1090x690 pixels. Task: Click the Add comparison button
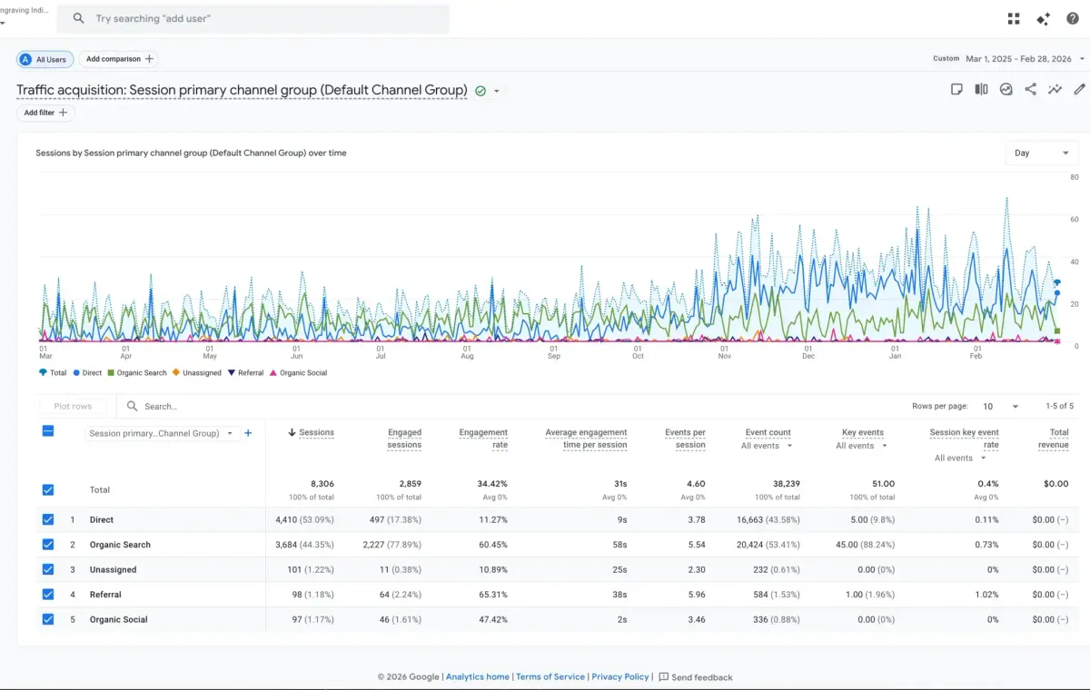coord(119,59)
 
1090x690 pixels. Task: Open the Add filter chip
coord(45,113)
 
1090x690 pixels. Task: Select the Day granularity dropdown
coord(1042,153)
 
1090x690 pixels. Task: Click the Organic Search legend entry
coord(137,373)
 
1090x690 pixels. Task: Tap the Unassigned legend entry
coord(197,373)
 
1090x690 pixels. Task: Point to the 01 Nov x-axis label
coord(725,352)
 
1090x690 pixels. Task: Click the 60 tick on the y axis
coord(1075,220)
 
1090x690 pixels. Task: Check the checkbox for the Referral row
coord(47,594)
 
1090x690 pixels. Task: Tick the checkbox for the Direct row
coord(47,519)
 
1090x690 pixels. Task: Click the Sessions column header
coord(311,432)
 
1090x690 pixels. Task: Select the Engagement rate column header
coord(483,439)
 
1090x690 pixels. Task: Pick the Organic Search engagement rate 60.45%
coord(493,545)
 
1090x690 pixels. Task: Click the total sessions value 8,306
coord(322,484)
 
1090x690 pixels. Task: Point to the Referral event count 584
coord(760,594)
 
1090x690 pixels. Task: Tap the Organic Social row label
coord(118,619)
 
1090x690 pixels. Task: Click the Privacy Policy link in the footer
coord(619,677)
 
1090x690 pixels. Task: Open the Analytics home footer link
coord(478,677)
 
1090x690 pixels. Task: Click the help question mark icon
coord(1073,18)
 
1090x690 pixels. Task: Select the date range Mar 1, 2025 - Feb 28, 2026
coord(1018,59)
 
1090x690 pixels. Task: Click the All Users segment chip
coord(45,59)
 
